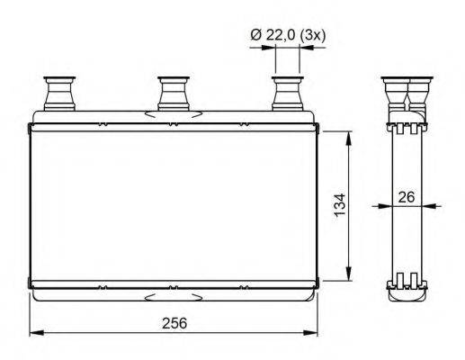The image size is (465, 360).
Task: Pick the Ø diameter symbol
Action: pos(255,34)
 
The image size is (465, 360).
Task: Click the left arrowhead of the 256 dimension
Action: pos(33,332)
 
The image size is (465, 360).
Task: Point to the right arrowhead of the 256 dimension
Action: pos(315,332)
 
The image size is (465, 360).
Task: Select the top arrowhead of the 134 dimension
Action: pos(348,134)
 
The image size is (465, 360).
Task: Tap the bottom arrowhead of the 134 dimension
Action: pos(348,277)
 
